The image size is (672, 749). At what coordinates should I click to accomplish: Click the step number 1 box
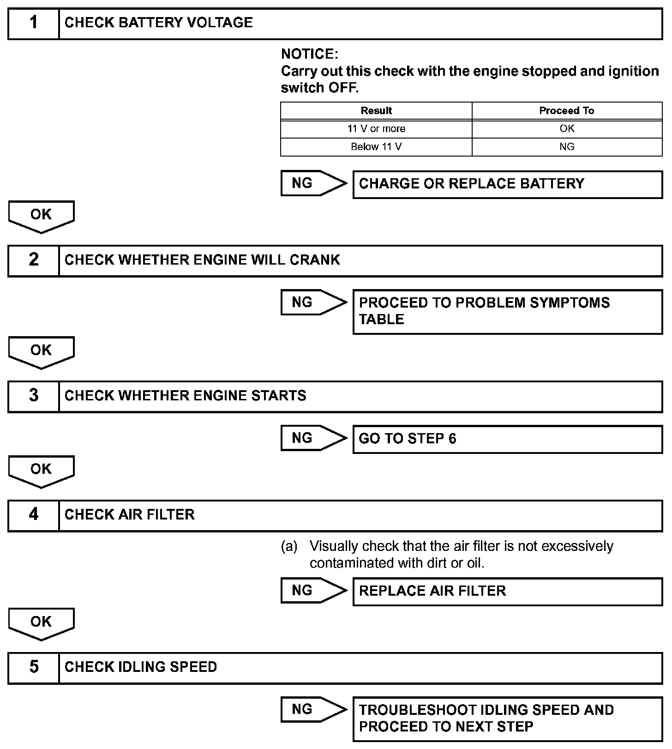(x=34, y=23)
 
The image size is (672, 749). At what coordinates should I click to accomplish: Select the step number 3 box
(x=34, y=396)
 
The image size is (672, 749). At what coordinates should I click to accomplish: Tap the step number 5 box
(x=34, y=668)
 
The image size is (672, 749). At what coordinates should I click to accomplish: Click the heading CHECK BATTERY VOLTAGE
(x=159, y=23)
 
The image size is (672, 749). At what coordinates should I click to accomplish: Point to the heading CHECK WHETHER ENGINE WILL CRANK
(x=202, y=260)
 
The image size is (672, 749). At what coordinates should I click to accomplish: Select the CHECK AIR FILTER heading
(x=130, y=515)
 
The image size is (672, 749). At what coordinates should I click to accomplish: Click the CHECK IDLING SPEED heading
(x=141, y=668)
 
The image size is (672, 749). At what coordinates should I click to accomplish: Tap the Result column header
(x=376, y=111)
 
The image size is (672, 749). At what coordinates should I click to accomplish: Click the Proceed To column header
(x=567, y=111)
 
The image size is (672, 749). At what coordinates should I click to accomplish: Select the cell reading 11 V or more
(x=376, y=129)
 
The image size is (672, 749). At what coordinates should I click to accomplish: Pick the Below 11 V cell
(x=376, y=147)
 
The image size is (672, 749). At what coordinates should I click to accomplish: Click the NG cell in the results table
(x=567, y=147)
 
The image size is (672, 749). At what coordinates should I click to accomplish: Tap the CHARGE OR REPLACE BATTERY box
(x=507, y=184)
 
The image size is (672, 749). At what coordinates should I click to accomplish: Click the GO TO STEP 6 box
(x=507, y=439)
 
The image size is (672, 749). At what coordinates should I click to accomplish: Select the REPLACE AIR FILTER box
(x=507, y=592)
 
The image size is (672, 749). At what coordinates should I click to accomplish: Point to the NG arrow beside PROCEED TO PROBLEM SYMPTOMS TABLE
(x=313, y=302)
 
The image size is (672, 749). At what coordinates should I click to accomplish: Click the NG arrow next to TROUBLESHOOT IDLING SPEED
(x=313, y=710)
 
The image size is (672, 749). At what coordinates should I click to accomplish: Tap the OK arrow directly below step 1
(x=41, y=216)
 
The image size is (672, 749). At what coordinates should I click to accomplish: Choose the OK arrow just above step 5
(x=41, y=623)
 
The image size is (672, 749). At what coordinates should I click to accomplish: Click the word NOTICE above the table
(x=309, y=54)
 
